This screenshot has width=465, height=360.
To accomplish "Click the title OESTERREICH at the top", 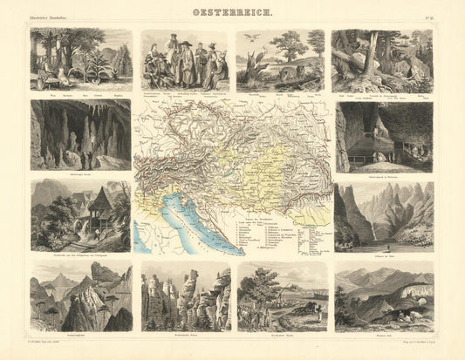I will click(x=231, y=13).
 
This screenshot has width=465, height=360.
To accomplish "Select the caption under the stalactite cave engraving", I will click(x=80, y=174).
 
